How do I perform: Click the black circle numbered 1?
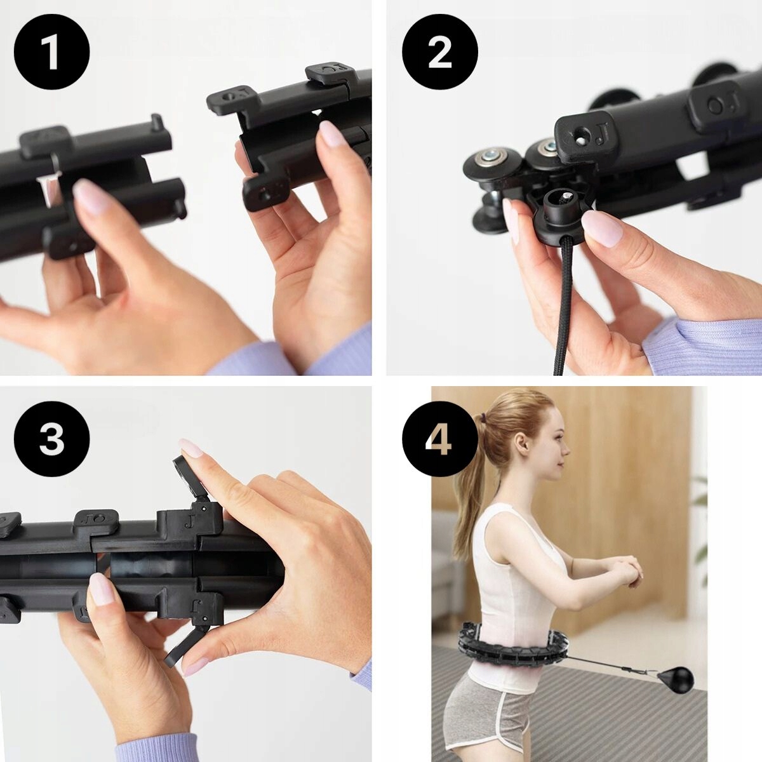[x=52, y=52]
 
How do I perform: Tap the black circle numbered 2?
[x=440, y=52]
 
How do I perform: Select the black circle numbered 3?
[x=52, y=439]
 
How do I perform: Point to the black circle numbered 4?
[x=440, y=439]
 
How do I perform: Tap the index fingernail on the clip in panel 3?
[x=191, y=448]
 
